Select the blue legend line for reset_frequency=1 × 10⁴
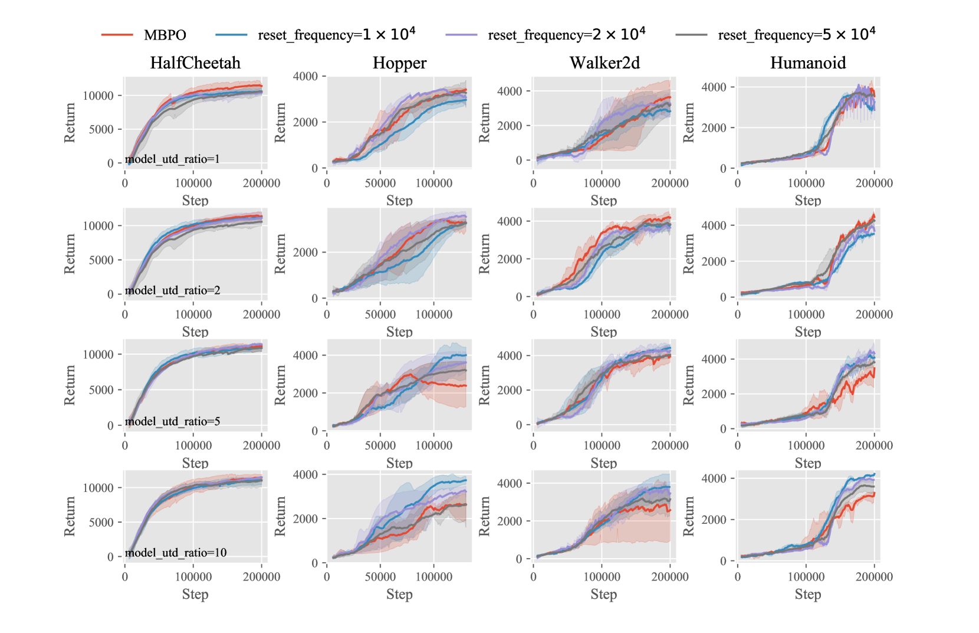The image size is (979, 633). [231, 35]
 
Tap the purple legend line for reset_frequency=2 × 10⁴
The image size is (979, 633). [461, 35]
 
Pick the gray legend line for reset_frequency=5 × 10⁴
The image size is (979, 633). [691, 35]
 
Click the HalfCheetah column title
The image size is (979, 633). [195, 63]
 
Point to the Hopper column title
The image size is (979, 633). [399, 63]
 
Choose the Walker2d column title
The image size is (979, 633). [605, 63]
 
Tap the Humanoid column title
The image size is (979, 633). [808, 63]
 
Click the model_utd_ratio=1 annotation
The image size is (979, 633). [172, 159]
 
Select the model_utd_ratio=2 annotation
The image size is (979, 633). [173, 290]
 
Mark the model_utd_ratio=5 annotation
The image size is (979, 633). [173, 421]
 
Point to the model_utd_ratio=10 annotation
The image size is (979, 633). [176, 553]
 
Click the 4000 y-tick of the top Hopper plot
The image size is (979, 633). [305, 76]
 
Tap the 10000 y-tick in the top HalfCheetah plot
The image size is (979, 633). [98, 96]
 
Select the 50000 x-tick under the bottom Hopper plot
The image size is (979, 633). [380, 577]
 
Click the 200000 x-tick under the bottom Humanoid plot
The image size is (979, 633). [874, 577]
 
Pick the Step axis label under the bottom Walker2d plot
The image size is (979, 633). [604, 595]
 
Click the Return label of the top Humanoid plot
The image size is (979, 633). [688, 123]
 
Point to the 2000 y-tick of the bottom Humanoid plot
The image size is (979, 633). [714, 520]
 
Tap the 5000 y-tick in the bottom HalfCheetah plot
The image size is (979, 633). [101, 522]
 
